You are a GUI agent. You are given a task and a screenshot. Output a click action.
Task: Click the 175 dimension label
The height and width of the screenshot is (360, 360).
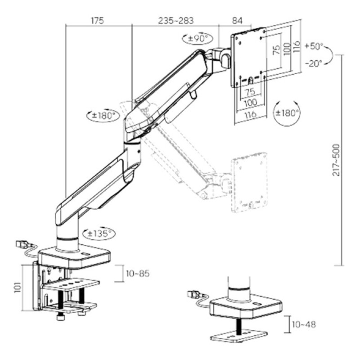[98, 20]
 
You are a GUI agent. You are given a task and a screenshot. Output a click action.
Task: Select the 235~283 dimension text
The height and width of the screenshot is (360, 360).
[176, 20]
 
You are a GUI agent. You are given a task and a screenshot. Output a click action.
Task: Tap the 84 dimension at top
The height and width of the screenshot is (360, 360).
[237, 20]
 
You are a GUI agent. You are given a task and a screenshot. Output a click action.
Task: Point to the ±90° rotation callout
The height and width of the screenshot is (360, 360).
[198, 38]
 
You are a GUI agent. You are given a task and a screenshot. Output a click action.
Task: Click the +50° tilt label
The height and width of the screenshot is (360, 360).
[314, 46]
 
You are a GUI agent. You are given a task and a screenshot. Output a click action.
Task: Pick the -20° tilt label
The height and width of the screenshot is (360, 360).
[314, 63]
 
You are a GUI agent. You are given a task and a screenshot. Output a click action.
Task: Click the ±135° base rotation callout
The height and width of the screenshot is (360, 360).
[99, 234]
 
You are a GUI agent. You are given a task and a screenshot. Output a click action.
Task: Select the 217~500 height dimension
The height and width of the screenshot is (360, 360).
[336, 160]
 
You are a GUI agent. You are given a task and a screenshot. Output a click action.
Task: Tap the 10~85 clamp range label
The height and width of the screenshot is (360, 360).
[138, 274]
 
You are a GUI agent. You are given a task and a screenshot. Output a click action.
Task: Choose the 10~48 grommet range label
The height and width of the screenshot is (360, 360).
[304, 324]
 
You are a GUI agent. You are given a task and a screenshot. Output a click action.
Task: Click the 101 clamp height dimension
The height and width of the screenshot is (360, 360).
[18, 288]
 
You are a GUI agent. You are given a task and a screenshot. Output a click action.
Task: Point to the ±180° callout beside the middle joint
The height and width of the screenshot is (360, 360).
[103, 115]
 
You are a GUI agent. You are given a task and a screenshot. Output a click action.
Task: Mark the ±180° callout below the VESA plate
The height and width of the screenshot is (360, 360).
[287, 113]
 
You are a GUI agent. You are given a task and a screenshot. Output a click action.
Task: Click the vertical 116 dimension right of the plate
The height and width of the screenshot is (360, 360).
[297, 47]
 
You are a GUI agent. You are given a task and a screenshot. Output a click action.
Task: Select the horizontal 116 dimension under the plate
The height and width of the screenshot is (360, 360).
[251, 114]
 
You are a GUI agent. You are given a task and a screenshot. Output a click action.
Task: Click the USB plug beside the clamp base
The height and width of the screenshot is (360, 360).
[23, 244]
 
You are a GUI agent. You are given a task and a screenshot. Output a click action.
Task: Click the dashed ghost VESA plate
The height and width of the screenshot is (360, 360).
[250, 182]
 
